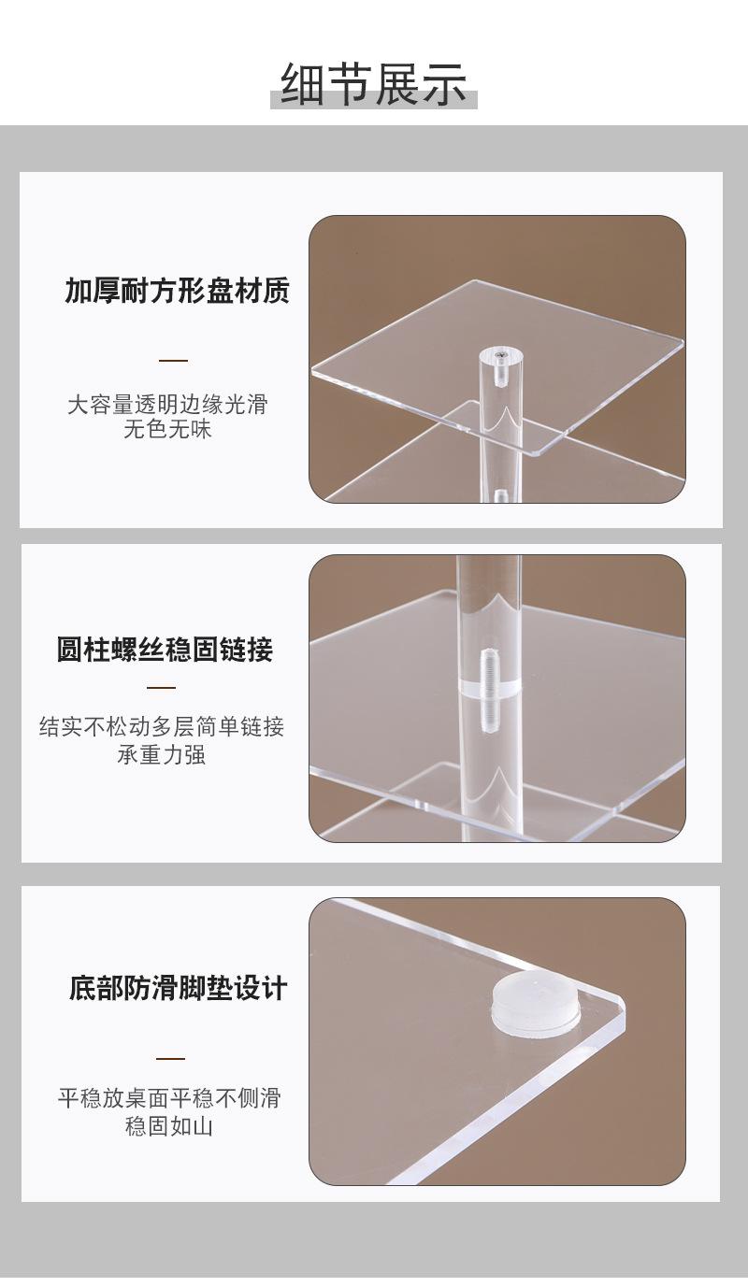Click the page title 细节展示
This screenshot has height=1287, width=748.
[x=374, y=83]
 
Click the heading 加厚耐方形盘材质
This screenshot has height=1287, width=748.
[x=177, y=291]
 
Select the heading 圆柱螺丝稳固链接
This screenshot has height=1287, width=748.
[x=165, y=650]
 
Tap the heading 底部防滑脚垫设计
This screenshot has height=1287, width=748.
[x=178, y=988]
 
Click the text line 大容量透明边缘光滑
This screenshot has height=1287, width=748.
[x=167, y=405]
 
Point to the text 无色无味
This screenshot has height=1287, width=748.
[x=167, y=430]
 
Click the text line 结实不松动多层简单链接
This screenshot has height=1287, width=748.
[x=162, y=727]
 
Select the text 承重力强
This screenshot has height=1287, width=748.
[x=161, y=754]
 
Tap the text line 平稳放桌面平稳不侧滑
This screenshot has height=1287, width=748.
[x=169, y=1098]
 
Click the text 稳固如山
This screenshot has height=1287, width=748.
[x=169, y=1126]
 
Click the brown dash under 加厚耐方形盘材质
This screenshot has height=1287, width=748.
[x=173, y=360]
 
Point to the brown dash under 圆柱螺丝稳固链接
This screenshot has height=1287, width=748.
[x=162, y=687]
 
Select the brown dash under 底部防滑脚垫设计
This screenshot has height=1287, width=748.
[x=170, y=1058]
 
